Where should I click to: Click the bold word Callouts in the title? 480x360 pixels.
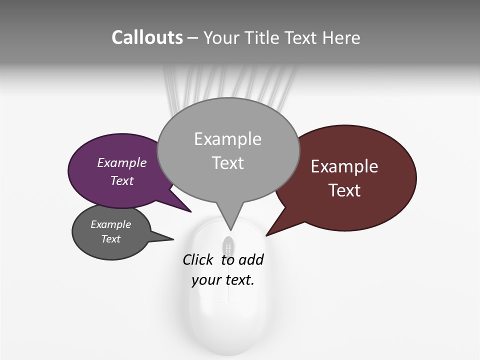pos(147,37)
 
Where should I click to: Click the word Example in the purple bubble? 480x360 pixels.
pos(121,162)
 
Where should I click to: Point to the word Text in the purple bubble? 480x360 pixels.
pos(121,180)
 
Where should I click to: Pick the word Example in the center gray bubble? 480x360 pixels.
pos(227,139)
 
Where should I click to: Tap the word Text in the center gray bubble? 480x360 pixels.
pos(227,163)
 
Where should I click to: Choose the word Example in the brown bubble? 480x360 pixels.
pos(344,166)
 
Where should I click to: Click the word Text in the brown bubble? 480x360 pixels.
pos(344,190)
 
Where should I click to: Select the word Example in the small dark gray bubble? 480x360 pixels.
pos(110,224)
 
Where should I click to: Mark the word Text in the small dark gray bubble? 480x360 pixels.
pos(110,239)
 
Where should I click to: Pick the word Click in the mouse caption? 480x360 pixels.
pos(197,260)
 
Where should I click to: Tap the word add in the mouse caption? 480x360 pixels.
pos(251,260)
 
